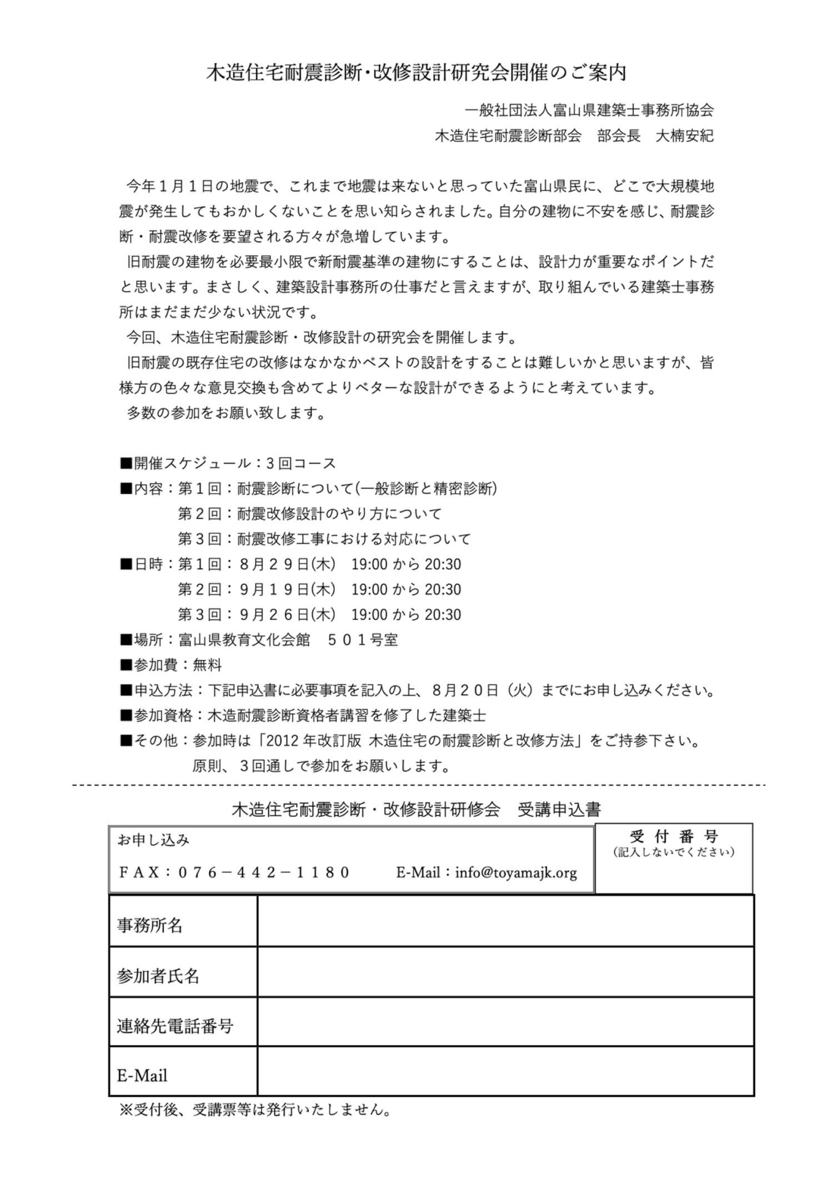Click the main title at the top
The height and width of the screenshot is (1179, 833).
(416, 73)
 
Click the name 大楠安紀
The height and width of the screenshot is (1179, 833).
(684, 136)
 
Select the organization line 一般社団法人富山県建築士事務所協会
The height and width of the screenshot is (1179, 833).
(589, 111)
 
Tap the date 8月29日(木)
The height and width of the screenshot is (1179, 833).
(288, 564)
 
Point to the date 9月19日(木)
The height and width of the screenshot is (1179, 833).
(288, 589)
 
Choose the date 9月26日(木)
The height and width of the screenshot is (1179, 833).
(288, 615)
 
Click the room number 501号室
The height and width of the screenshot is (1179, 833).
(363, 640)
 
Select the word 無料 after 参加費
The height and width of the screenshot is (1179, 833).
(207, 665)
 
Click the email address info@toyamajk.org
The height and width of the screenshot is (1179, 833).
(516, 872)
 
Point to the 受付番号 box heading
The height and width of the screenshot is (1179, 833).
(674, 836)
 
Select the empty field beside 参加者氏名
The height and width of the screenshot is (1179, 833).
(505, 976)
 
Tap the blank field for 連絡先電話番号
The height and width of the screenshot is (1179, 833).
(505, 1026)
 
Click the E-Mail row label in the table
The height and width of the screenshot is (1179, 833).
(142, 1076)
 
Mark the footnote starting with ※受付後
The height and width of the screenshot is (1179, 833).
(255, 1110)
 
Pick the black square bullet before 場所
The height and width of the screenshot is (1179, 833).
(126, 640)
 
